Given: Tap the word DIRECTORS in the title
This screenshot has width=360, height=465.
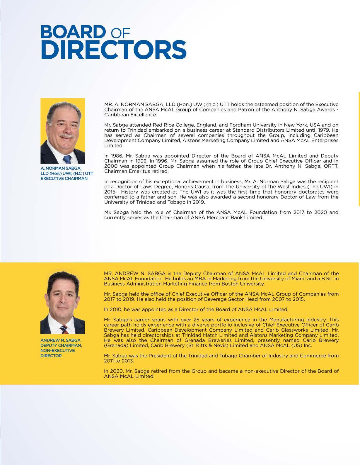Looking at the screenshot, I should pyautogui.click(x=113, y=50).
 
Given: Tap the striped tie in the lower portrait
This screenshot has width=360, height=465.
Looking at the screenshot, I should pyautogui.click(x=63, y=330).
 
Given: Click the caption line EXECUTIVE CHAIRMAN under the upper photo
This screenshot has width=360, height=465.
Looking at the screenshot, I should pyautogui.click(x=64, y=179).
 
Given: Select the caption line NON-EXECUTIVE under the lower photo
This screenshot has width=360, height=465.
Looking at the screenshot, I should pyautogui.click(x=58, y=350).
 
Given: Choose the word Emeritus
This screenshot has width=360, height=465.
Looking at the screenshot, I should pyautogui.click(x=137, y=171).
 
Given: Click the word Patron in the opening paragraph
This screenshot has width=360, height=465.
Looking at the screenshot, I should pyautogui.click(x=227, y=109).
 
